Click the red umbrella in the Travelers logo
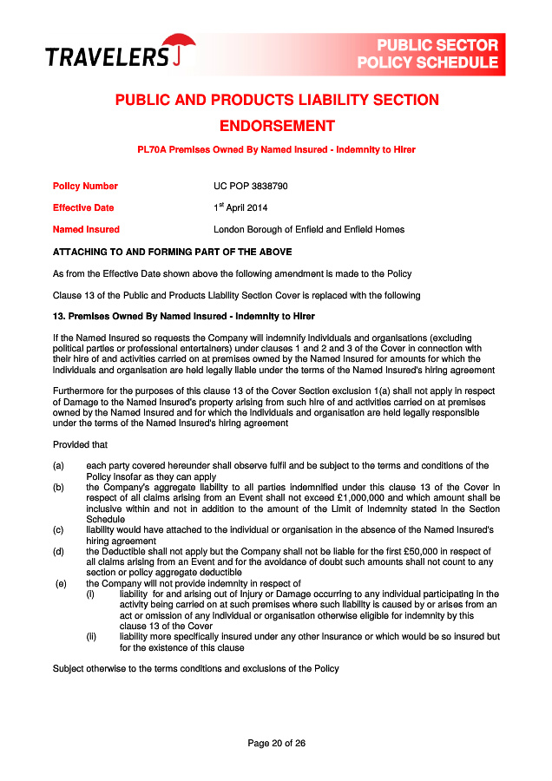click(x=180, y=45)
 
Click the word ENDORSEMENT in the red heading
click(x=276, y=126)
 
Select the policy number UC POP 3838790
click(x=250, y=186)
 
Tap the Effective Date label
click(x=83, y=208)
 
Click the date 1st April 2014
click(x=240, y=208)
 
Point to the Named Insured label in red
click(x=86, y=230)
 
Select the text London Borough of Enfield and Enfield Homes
click(x=309, y=230)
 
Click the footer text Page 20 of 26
click(x=276, y=743)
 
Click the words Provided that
click(x=79, y=444)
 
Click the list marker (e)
click(x=61, y=583)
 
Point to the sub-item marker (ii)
click(x=90, y=636)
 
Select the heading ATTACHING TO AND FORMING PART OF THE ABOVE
click(x=172, y=252)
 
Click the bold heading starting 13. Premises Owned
click(x=183, y=316)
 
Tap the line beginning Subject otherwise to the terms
click(x=195, y=668)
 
